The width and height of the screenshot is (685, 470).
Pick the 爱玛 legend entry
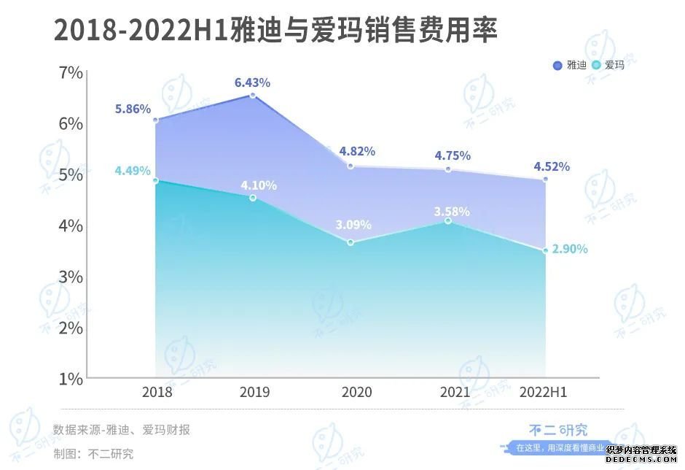coord(608,65)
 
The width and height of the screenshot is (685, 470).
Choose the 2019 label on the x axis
coord(254,393)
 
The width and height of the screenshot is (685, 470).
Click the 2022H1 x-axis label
coord(544,393)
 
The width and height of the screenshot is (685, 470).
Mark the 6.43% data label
coord(252,82)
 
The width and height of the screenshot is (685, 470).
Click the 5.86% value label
coord(133,109)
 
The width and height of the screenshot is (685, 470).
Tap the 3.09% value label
coord(353,224)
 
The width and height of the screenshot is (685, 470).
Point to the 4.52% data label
coord(552,166)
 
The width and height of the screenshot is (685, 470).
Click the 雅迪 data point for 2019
coord(253,96)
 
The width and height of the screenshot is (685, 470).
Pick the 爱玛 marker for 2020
coord(351,242)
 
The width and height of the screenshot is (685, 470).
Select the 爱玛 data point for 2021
coord(448,220)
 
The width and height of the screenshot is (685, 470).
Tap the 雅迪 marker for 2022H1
coord(545,179)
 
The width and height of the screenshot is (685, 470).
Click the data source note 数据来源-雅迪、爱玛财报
coord(121,430)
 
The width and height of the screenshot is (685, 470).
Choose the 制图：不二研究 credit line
coord(93,453)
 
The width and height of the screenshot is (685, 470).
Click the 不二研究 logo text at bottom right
coord(558,430)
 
